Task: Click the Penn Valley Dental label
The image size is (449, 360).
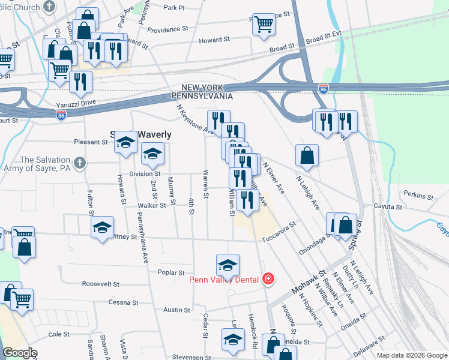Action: coord(224,279)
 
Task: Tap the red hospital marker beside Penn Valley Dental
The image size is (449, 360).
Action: coord(268,279)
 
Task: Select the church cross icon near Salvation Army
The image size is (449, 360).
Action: coord(79,162)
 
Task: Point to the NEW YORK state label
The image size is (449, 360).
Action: coord(203,88)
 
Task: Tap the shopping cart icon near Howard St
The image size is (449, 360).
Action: coord(263,25)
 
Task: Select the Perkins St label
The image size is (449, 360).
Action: coord(418,196)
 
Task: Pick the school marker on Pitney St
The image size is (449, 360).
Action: coord(102,227)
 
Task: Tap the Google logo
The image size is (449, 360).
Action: coord(20,353)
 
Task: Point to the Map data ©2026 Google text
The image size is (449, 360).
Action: coord(412,355)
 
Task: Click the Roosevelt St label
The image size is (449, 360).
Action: coord(101,284)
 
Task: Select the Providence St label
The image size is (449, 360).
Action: coord(164,29)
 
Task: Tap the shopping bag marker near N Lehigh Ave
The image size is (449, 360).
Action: coord(307,155)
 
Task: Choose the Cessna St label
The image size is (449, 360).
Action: coord(124,302)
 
